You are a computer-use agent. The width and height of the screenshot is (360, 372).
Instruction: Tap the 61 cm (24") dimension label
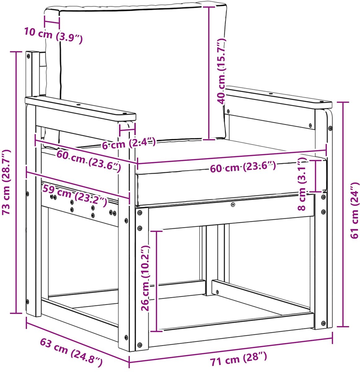(355, 211)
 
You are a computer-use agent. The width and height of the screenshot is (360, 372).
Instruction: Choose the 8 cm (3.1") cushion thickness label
(302, 184)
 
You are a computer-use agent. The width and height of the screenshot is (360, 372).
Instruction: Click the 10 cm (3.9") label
(54, 36)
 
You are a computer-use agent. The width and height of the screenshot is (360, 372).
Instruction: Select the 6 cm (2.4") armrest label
(128, 143)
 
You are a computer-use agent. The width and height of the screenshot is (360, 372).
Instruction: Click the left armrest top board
(80, 108)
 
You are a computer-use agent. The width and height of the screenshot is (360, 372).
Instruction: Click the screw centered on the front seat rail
(233, 205)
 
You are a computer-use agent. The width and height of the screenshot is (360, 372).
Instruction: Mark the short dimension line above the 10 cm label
(52, 22)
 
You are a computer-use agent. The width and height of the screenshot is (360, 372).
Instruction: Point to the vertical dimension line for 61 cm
(343, 214)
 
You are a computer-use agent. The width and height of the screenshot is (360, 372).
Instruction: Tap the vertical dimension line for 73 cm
(16, 182)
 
